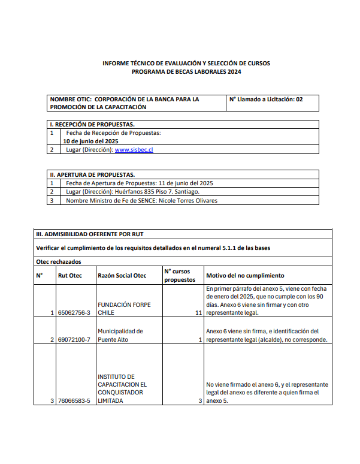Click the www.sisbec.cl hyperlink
click(134, 149)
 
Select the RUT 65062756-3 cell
click(74, 312)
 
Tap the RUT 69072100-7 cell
click(74, 339)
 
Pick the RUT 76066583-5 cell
click(74, 400)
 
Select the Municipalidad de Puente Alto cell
click(120, 335)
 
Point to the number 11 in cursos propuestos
click(198, 312)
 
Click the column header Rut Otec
click(69, 276)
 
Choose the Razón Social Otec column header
click(122, 276)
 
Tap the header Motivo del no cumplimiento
click(245, 276)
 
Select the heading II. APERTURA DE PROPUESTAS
click(92, 174)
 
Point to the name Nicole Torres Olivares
click(187, 200)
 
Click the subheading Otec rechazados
click(59, 261)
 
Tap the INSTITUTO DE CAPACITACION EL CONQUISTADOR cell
click(122, 388)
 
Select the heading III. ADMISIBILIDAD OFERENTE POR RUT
click(90, 234)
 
